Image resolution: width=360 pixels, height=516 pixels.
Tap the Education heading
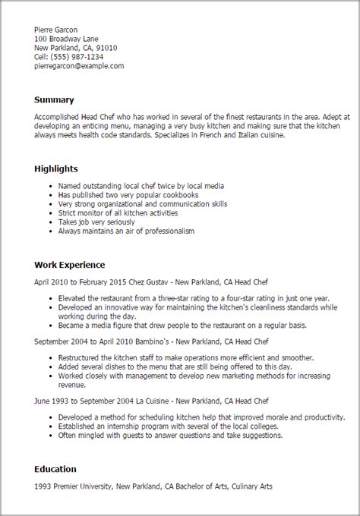58,470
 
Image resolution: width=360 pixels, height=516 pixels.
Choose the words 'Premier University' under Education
81,487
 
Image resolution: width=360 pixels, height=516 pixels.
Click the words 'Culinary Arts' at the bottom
248,487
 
